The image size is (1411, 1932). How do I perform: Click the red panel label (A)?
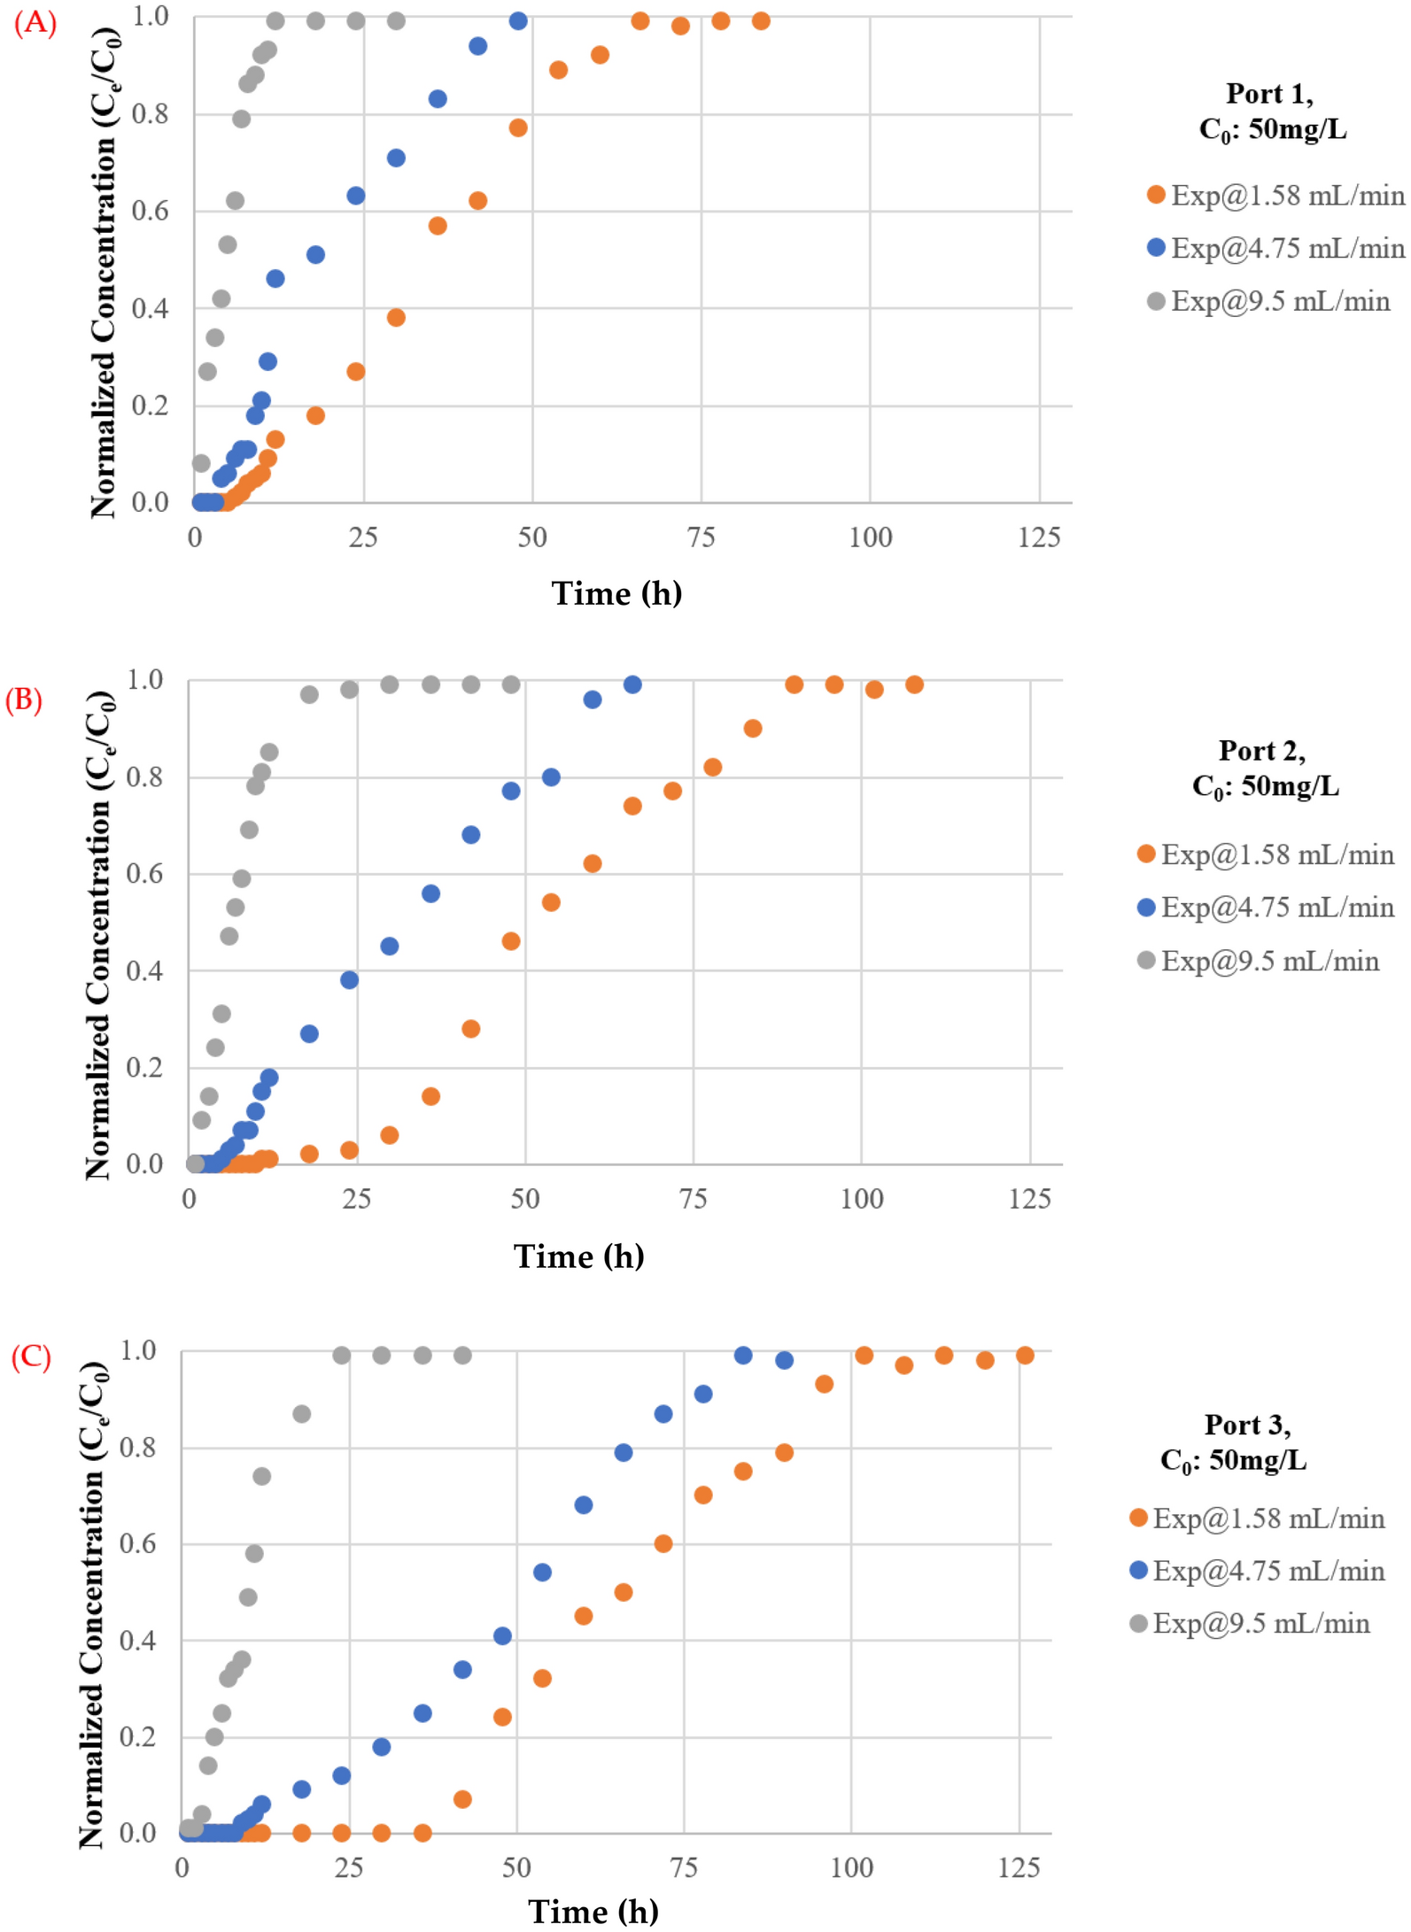pyautogui.click(x=35, y=21)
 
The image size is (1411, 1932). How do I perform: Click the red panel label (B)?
pyautogui.click(x=24, y=700)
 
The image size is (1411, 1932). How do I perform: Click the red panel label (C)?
pyautogui.click(x=31, y=1356)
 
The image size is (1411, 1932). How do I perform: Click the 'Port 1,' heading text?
pyautogui.click(x=1269, y=93)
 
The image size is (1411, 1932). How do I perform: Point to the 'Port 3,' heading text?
pyautogui.click(x=1247, y=1425)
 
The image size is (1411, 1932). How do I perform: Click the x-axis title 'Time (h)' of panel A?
pyautogui.click(x=616, y=593)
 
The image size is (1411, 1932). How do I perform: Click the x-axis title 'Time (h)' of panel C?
pyautogui.click(x=593, y=1911)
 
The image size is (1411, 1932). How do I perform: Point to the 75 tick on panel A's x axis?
pyautogui.click(x=701, y=537)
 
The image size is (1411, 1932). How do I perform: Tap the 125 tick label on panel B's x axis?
pyautogui.click(x=1029, y=1199)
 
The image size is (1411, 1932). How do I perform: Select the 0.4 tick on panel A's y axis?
pyautogui.click(x=150, y=309)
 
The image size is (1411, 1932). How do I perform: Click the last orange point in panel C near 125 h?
pyautogui.click(x=1025, y=1356)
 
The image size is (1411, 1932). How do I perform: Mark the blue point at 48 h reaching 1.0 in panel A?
pyautogui.click(x=518, y=21)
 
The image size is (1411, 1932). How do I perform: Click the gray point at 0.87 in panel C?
pyautogui.click(x=302, y=1414)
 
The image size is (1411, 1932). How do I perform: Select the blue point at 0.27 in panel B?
pyautogui.click(x=309, y=1034)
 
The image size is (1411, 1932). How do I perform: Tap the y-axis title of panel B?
pyautogui.click(x=98, y=935)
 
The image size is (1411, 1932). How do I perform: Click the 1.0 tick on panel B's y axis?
pyautogui.click(x=145, y=680)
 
